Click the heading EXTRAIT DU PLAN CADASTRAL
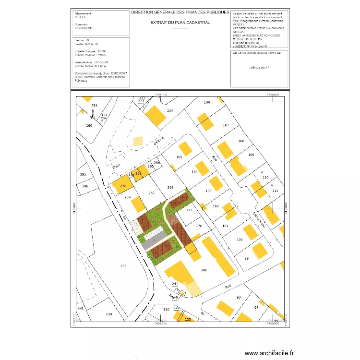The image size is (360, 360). click(x=180, y=22)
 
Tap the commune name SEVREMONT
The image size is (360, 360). click(x=84, y=28)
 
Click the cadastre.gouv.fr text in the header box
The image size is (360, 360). click(x=260, y=68)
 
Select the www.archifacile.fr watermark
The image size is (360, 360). click(x=268, y=353)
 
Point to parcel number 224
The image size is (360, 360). click(x=169, y=111)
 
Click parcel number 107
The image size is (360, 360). click(x=226, y=125)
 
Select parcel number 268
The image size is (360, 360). click(x=170, y=187)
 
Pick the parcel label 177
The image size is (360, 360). click(x=189, y=210)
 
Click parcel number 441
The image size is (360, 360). click(x=81, y=308)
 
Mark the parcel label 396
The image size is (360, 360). click(x=85, y=186)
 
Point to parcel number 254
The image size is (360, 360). click(x=95, y=106)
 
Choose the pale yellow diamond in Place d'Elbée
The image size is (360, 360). click(x=138, y=141)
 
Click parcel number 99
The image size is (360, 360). click(x=247, y=259)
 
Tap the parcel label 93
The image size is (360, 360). click(x=238, y=298)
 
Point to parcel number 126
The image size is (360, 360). click(x=167, y=310)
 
